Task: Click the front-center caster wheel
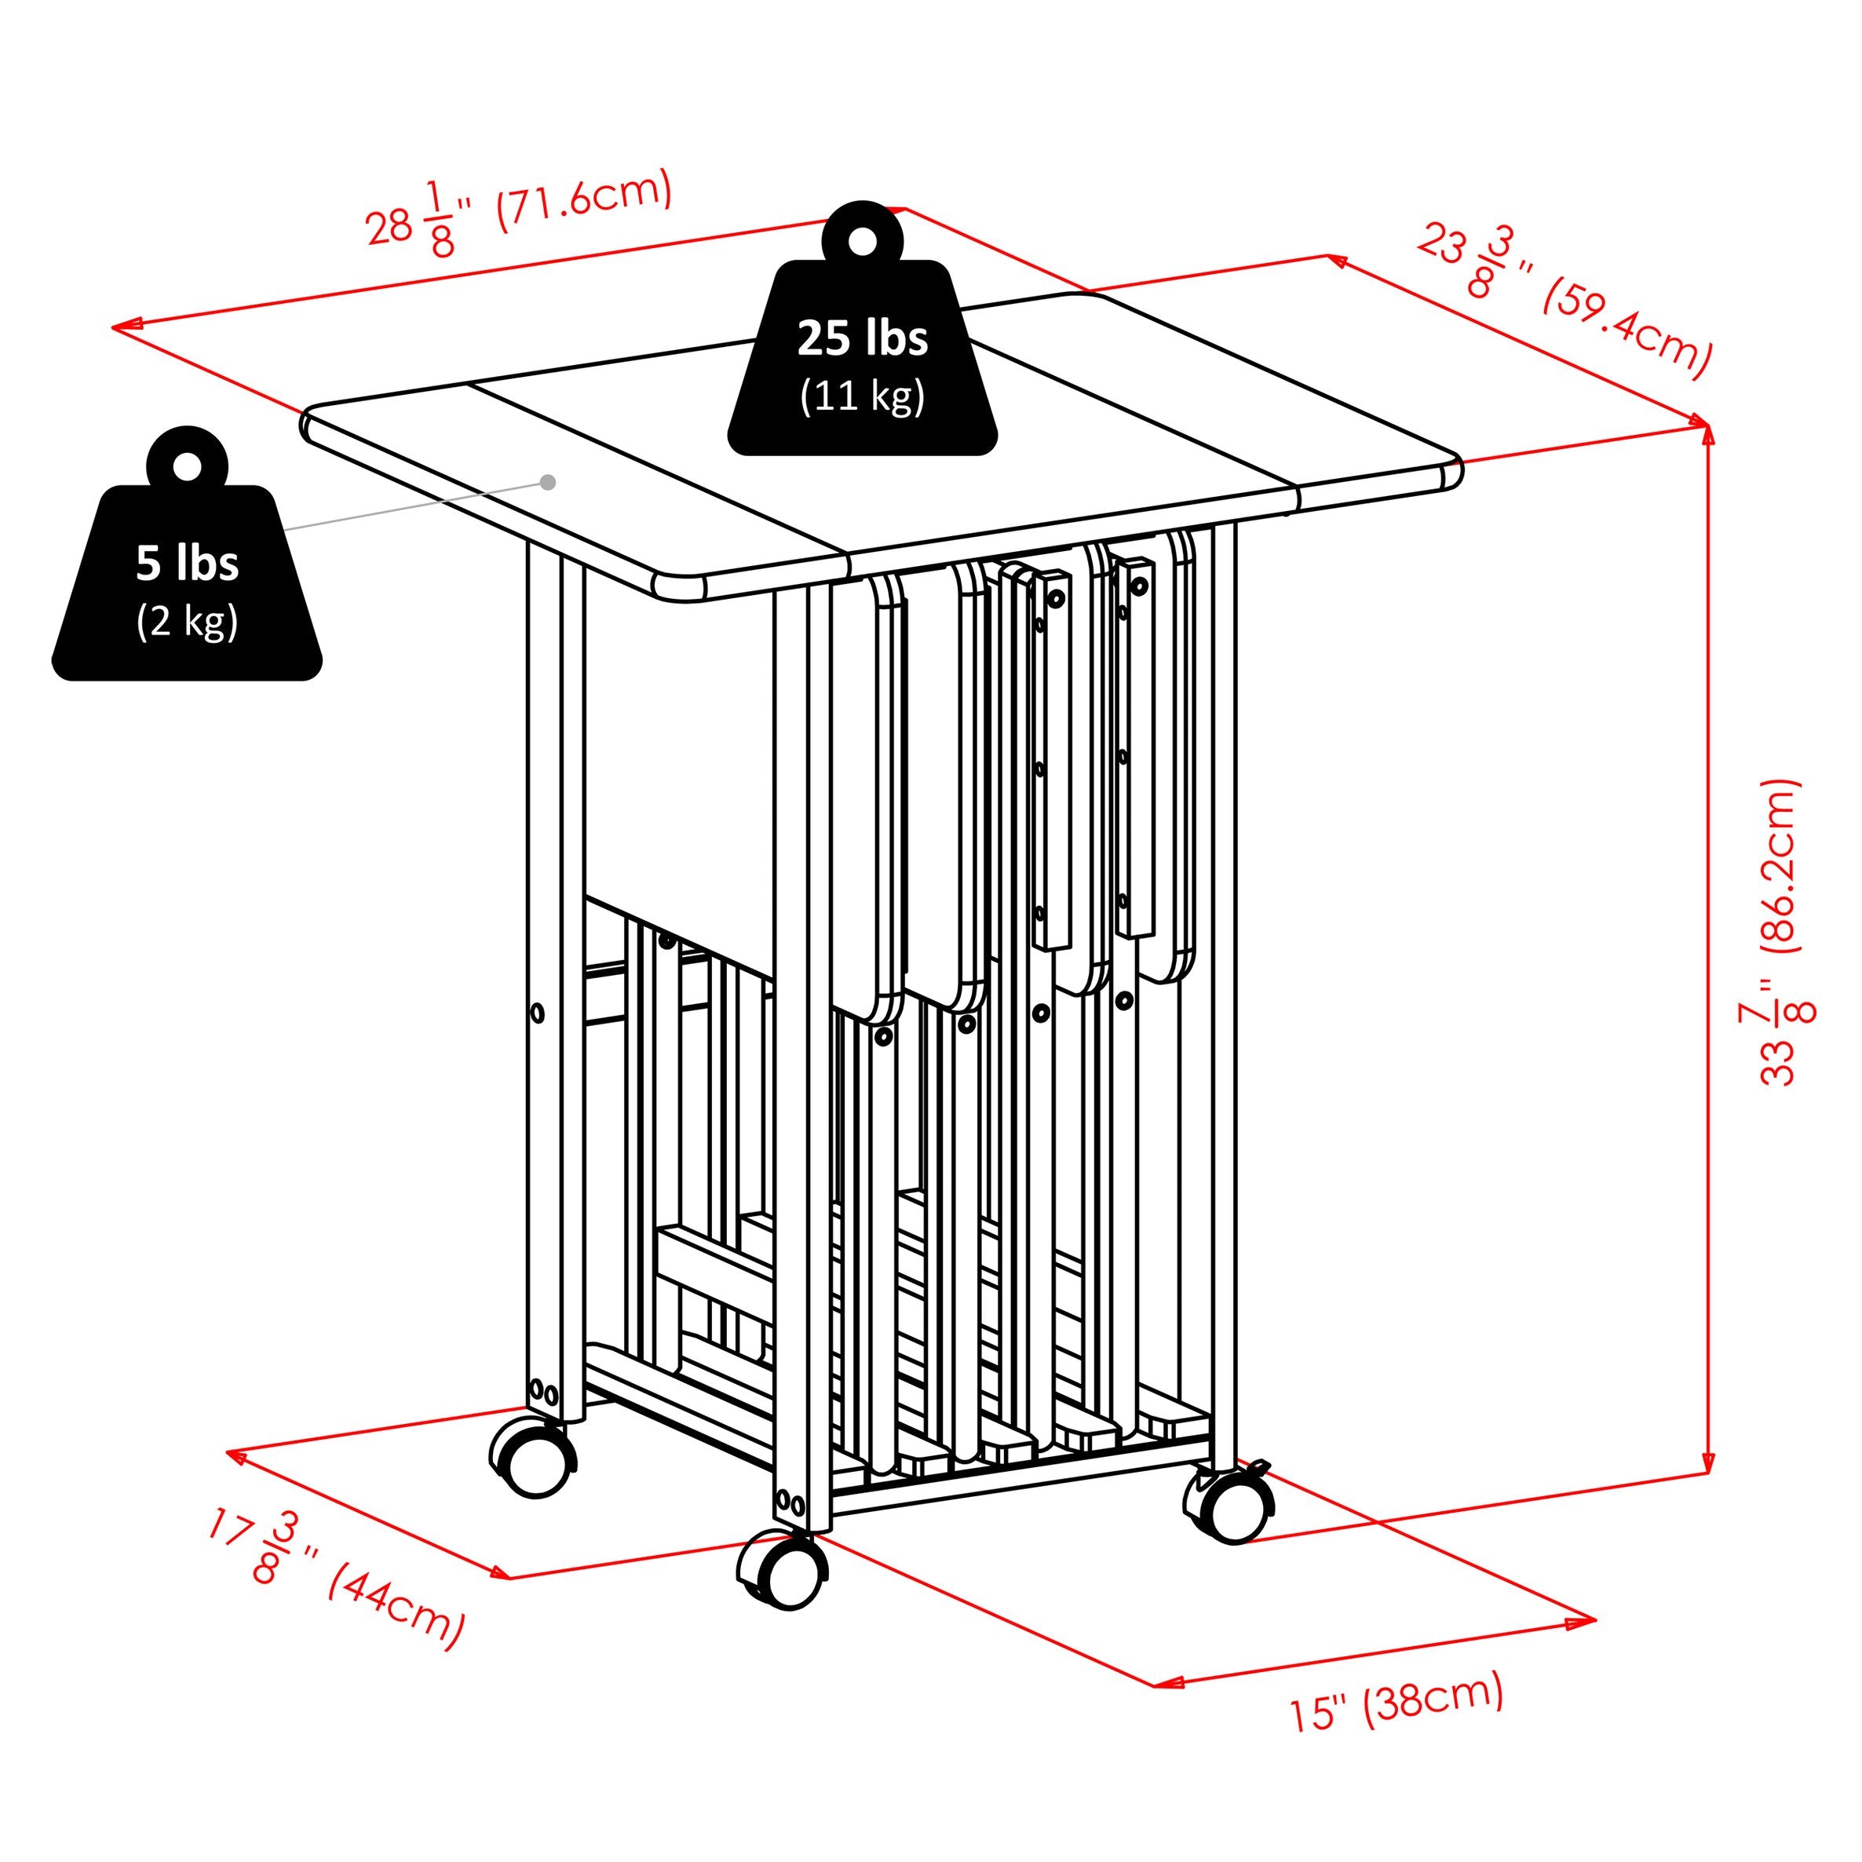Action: [x=783, y=1570]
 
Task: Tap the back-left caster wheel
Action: [x=533, y=1456]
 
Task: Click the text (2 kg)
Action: [x=187, y=621]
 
